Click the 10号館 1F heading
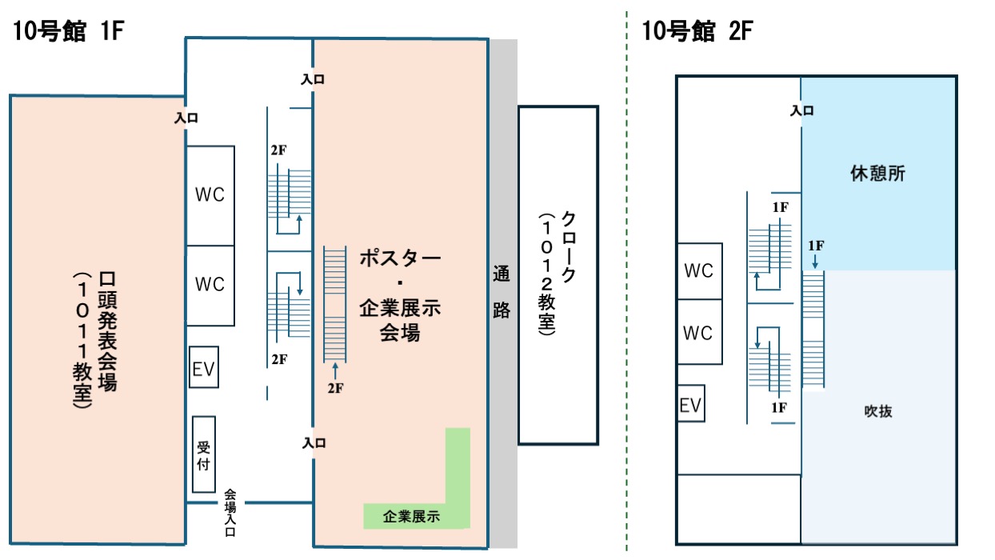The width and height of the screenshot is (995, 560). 68,31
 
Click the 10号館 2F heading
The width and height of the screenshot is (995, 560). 697,31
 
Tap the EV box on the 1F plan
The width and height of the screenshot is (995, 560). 203,367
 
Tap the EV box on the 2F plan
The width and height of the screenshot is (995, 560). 691,403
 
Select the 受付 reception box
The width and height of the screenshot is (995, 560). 204,454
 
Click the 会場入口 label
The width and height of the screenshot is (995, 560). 230,513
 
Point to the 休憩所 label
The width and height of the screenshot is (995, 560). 877,174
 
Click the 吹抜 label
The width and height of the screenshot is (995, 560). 878,411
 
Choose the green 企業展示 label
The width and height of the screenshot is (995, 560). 411,517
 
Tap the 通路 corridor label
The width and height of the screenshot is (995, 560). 501,292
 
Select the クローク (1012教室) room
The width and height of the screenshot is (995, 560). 558,275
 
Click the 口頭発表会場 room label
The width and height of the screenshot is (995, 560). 107,331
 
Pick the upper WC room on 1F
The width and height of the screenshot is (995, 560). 210,195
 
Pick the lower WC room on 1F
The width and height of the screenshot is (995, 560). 210,286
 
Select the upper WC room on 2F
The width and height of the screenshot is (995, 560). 700,271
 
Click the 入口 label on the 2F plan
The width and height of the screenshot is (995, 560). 801,110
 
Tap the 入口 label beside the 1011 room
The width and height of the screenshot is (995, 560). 186,118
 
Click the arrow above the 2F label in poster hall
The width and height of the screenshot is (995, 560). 335,371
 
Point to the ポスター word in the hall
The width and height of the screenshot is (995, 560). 400,258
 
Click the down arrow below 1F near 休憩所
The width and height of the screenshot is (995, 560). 815,261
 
